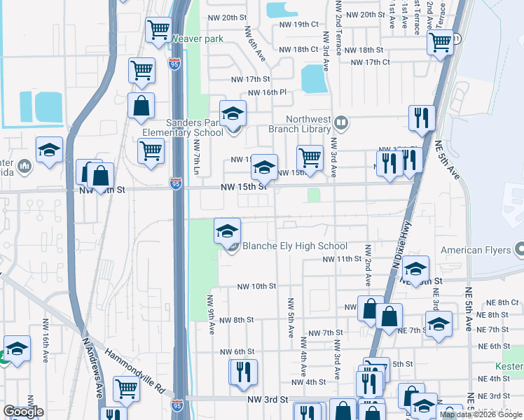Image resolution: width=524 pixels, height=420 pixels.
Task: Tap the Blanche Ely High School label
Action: click(x=294, y=246)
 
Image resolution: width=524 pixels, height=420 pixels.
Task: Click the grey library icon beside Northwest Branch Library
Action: click(x=341, y=123)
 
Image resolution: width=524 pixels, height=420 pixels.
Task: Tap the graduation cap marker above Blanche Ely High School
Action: click(x=227, y=231)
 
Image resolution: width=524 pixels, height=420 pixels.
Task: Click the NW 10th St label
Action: click(x=256, y=286)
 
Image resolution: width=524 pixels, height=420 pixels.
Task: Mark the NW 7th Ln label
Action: click(x=197, y=157)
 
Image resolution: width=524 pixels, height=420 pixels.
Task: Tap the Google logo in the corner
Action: click(x=23, y=411)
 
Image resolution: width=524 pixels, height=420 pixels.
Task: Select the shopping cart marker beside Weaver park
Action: click(x=158, y=30)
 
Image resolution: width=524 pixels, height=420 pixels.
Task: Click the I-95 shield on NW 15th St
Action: click(x=176, y=184)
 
